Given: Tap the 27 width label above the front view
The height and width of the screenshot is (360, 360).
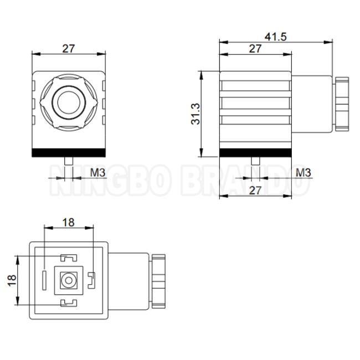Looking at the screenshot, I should [x=68, y=48].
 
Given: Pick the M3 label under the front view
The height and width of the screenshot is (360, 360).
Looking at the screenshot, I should [x=97, y=172].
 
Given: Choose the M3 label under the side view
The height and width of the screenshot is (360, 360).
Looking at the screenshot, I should [x=303, y=172].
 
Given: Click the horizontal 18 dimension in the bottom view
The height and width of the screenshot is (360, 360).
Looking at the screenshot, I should [x=68, y=222].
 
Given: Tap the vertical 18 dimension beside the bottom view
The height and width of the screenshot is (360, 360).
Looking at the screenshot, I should [x=12, y=280].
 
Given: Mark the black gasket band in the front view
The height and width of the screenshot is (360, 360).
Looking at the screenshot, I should [x=69, y=153].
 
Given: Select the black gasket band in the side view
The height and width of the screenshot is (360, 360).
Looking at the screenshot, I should [x=255, y=153].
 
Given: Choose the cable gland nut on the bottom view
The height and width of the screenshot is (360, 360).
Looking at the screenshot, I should [x=158, y=280].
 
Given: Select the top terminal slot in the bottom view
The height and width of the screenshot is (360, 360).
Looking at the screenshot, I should [x=68, y=258].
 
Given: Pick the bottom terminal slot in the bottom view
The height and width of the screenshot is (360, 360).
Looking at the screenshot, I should [x=68, y=302].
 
